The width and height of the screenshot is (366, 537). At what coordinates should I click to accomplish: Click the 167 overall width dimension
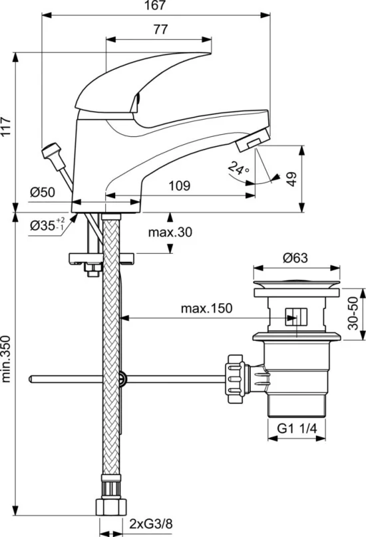point(156,5)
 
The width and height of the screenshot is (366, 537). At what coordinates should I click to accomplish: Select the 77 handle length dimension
point(160,30)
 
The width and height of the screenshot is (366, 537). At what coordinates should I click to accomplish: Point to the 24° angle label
point(239,168)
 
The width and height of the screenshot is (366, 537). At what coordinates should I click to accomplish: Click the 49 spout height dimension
point(291,179)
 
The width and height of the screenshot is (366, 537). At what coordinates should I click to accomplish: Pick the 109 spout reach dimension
point(180,185)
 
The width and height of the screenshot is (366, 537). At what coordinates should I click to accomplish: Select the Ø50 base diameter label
point(42,192)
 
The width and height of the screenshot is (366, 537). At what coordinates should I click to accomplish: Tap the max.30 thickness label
point(170,233)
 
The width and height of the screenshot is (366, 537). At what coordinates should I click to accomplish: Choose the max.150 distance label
point(206,308)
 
